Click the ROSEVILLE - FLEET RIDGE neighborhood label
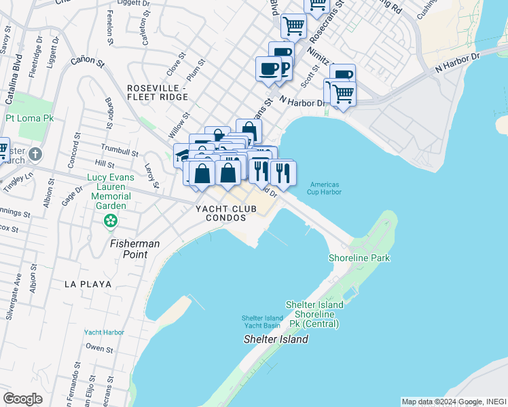point(157,93)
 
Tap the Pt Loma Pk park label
point(29,118)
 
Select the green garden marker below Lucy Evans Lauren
point(109,220)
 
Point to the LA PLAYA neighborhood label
point(88,284)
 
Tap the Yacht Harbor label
point(104,332)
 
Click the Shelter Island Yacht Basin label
point(263,322)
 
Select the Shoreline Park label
point(359,258)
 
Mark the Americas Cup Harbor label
point(325,188)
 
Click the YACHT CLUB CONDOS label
point(227,214)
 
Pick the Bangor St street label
point(109,113)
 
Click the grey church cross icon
point(35,153)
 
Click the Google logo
point(23,398)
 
